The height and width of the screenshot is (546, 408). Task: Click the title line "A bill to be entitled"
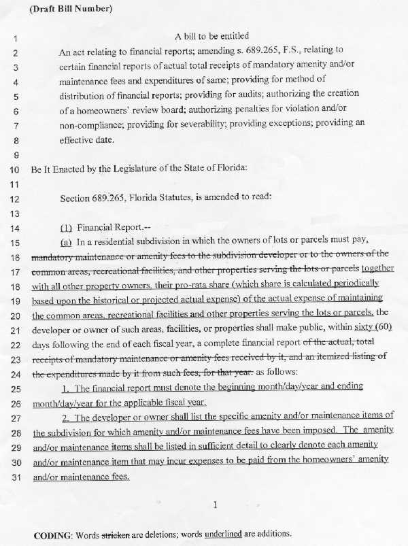(x=212, y=36)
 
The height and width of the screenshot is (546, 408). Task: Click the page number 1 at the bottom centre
(x=215, y=505)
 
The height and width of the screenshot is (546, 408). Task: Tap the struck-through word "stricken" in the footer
(x=114, y=534)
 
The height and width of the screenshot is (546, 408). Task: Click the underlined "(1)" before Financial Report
(x=67, y=228)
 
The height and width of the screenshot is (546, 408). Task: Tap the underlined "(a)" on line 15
(x=67, y=243)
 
